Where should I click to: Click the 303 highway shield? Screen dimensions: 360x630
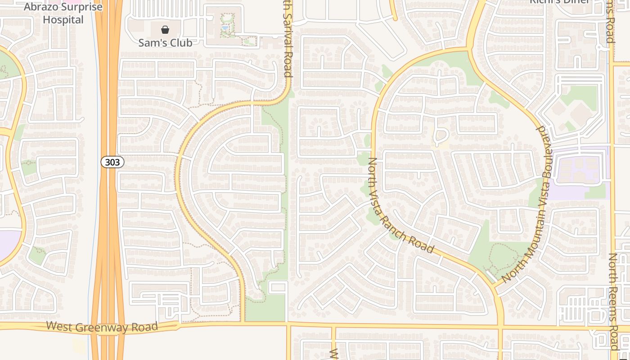point(112,162)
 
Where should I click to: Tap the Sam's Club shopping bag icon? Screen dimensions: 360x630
point(165,30)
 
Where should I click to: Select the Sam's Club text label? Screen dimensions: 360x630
point(165,43)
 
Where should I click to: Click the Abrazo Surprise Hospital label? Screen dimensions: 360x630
point(63,13)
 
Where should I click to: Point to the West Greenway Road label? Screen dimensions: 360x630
point(102,327)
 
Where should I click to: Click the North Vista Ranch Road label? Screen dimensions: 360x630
point(400,206)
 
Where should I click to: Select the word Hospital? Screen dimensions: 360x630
point(63,20)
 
